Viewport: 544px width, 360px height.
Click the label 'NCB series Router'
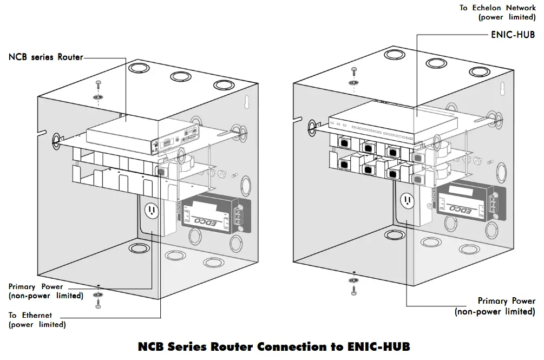46,57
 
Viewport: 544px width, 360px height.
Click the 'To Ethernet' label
30,315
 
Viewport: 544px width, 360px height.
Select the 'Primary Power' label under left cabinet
36,286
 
